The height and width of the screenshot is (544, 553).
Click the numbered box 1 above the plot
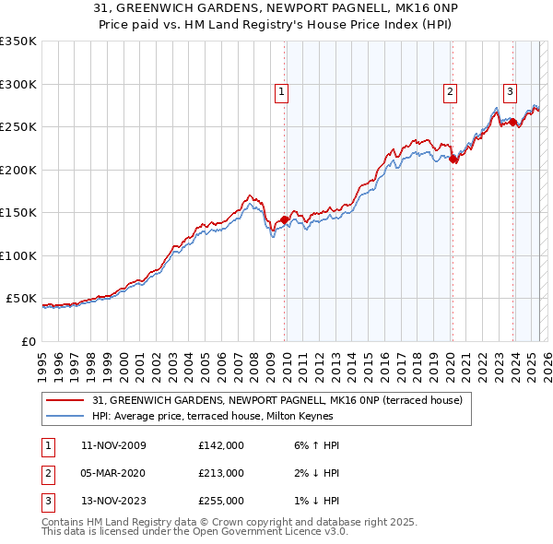point(280,91)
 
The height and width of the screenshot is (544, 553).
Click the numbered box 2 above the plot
point(450,91)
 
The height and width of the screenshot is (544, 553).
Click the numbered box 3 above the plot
point(510,91)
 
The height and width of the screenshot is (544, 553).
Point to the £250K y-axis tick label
point(18,127)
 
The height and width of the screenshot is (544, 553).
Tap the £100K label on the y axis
point(18,255)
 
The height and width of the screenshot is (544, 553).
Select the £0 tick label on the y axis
point(29,341)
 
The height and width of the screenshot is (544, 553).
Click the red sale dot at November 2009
point(284,219)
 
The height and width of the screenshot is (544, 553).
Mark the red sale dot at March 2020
point(453,159)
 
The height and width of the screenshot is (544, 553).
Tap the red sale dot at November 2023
point(512,123)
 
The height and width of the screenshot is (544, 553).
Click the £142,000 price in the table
point(220,445)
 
